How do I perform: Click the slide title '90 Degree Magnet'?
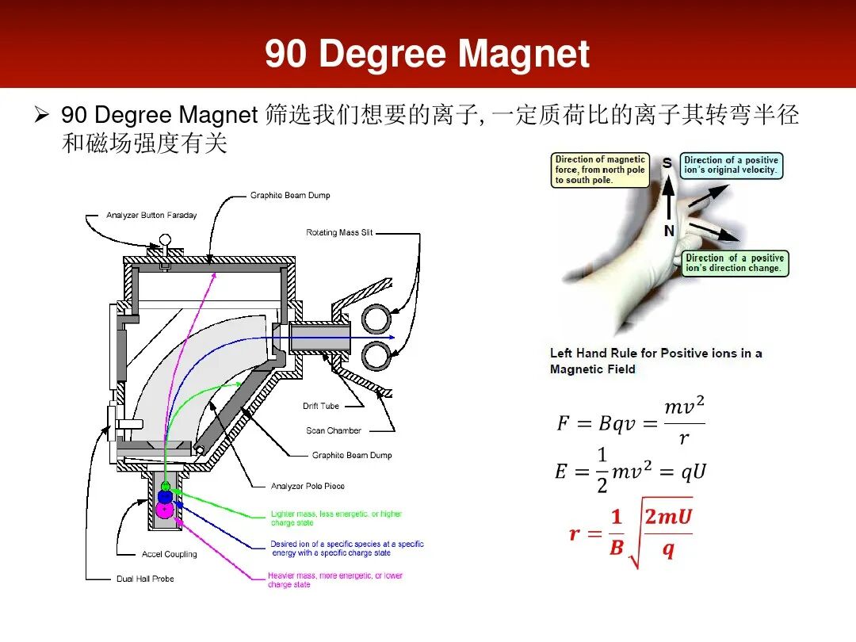[x=427, y=54]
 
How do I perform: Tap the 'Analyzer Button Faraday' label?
[x=151, y=216]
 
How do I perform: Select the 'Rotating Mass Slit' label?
[x=339, y=232]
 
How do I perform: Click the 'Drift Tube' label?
[x=321, y=406]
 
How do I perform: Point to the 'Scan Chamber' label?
[x=334, y=430]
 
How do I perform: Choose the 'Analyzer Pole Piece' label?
[x=308, y=486]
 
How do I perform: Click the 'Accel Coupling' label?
[x=170, y=554]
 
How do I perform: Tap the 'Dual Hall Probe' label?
[x=145, y=579]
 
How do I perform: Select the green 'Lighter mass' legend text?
[x=336, y=518]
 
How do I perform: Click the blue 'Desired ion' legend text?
[x=347, y=548]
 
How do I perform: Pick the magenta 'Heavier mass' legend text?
[x=334, y=580]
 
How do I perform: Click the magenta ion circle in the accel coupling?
[x=165, y=510]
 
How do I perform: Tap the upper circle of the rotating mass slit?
[x=376, y=319]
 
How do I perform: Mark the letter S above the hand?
[x=667, y=162]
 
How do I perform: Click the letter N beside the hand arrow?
[x=669, y=231]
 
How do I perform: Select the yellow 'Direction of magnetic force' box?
[x=600, y=170]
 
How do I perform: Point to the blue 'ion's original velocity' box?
[x=731, y=165]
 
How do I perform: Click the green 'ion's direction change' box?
[x=735, y=263]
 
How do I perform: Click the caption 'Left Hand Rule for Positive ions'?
[x=655, y=361]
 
